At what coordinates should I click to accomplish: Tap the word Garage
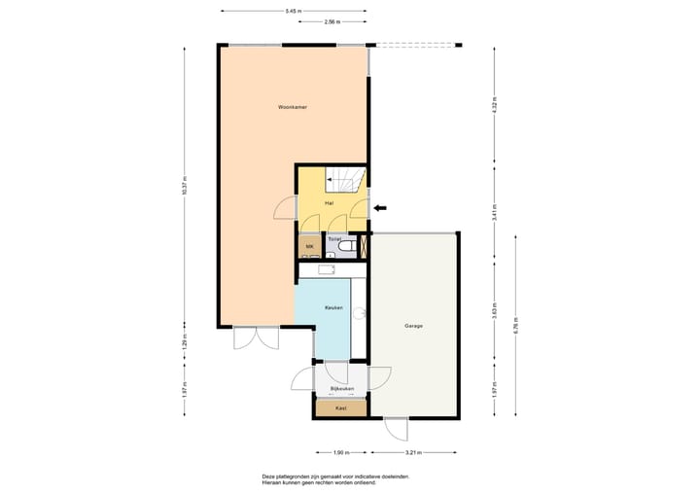point(414,326)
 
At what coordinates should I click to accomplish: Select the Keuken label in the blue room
point(333,307)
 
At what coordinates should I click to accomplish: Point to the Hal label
point(331,203)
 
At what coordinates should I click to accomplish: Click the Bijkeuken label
point(341,389)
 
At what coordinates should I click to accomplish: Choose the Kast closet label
point(340,408)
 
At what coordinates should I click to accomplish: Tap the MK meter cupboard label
point(309,247)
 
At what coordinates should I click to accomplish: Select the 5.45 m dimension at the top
point(293,11)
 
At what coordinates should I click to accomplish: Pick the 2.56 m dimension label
point(332,20)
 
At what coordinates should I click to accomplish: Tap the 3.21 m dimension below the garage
point(415,452)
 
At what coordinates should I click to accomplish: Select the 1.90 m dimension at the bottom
point(340,452)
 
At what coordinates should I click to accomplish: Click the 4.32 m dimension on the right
point(494,107)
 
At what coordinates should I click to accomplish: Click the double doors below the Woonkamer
point(248,339)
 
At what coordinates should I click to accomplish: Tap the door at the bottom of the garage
point(397,429)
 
